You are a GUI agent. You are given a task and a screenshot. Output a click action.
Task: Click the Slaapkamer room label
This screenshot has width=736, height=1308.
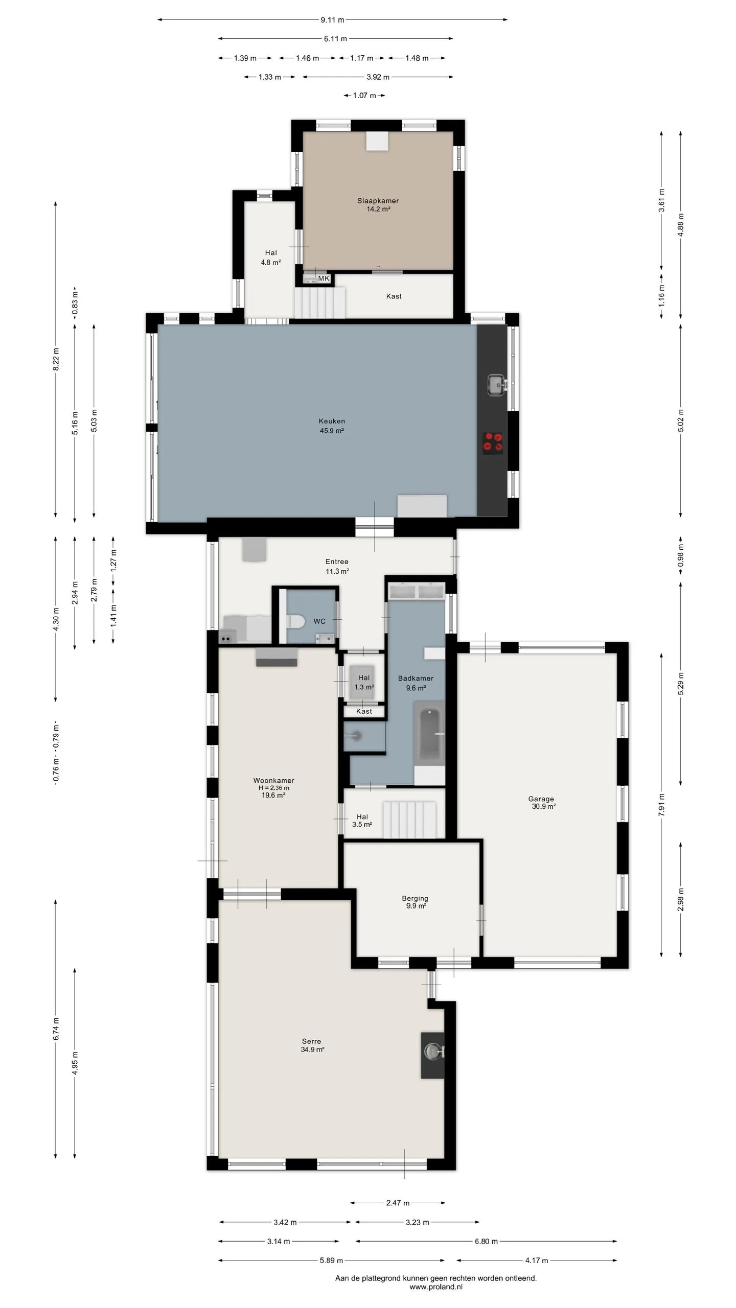pyautogui.click(x=378, y=201)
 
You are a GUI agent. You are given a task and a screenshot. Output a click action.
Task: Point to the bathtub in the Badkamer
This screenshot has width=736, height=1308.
pyautogui.click(x=429, y=734)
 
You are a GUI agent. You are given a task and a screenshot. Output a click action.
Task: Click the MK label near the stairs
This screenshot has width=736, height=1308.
pyautogui.click(x=324, y=278)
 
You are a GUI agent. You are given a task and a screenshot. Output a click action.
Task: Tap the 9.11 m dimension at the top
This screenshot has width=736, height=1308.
pyautogui.click(x=332, y=20)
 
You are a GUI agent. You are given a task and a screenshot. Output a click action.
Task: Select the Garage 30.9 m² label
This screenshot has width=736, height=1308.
pyautogui.click(x=542, y=803)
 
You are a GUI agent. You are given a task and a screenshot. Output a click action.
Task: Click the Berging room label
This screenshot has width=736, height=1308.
pyautogui.click(x=415, y=898)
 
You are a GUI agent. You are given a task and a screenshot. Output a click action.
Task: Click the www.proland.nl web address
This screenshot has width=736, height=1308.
pyautogui.click(x=436, y=1287)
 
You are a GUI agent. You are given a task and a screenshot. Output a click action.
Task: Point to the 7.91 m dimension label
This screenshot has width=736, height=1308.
pyautogui.click(x=661, y=805)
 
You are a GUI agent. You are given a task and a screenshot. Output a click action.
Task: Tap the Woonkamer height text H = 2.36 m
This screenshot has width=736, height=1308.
pyautogui.click(x=273, y=788)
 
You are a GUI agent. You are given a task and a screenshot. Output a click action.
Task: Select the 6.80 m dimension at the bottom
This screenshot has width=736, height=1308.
pyautogui.click(x=486, y=1241)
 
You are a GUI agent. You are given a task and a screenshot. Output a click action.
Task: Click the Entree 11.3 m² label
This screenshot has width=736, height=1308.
pyautogui.click(x=337, y=566)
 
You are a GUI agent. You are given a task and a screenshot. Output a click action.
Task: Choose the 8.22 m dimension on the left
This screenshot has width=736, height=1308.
pyautogui.click(x=56, y=359)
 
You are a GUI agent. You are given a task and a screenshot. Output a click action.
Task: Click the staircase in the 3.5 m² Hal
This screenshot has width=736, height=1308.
pyautogui.click(x=410, y=820)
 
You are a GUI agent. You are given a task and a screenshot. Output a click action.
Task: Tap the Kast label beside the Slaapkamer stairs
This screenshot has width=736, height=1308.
pyautogui.click(x=394, y=296)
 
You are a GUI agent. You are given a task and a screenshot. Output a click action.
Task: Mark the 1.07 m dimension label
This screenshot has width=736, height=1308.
pyautogui.click(x=364, y=96)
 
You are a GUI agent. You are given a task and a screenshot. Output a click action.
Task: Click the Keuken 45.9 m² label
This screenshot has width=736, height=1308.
pyautogui.click(x=332, y=426)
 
